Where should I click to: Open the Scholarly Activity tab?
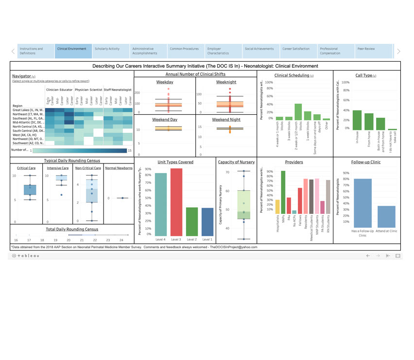[x=107, y=49]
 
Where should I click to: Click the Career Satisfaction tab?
[x=296, y=49]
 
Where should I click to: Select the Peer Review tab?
[x=366, y=49]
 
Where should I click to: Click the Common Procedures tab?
[x=184, y=49]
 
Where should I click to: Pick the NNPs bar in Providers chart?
[x=283, y=192]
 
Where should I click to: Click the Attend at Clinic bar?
[x=386, y=216]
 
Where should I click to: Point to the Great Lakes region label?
[x=28, y=110]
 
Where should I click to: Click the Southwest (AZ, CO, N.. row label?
[x=28, y=143]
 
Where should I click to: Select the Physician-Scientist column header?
[x=88, y=90]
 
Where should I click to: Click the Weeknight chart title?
[x=226, y=82]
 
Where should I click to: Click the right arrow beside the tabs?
[x=398, y=51]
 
